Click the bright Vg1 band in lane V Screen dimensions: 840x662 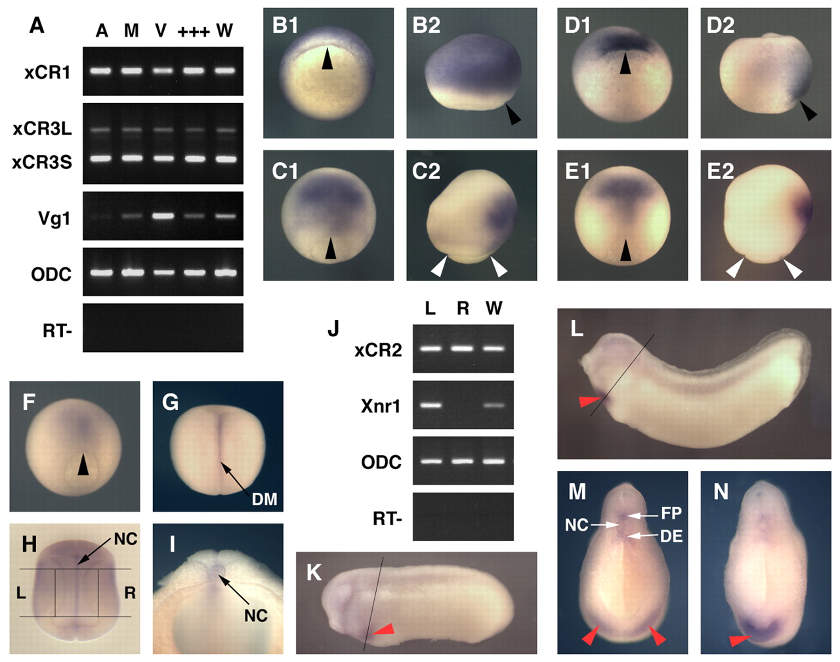[x=163, y=215]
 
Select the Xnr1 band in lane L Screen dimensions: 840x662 [x=431, y=405]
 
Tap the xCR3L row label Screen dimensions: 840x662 [x=42, y=129]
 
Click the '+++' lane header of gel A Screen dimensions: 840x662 [x=194, y=32]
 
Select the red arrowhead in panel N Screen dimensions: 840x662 [x=740, y=640]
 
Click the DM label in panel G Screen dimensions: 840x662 [x=264, y=499]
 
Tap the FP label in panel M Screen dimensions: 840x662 [x=671, y=513]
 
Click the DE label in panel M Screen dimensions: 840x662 [x=671, y=537]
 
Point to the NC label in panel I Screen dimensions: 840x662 [x=256, y=616]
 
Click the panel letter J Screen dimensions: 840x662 [x=333, y=328]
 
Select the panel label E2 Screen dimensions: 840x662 [x=721, y=171]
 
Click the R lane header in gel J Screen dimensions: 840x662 [x=463, y=308]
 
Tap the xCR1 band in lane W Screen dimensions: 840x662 [x=225, y=71]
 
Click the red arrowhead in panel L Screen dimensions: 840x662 [x=590, y=401]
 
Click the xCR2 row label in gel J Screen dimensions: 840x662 [x=378, y=350]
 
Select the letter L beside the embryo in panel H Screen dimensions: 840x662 [x=21, y=593]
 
